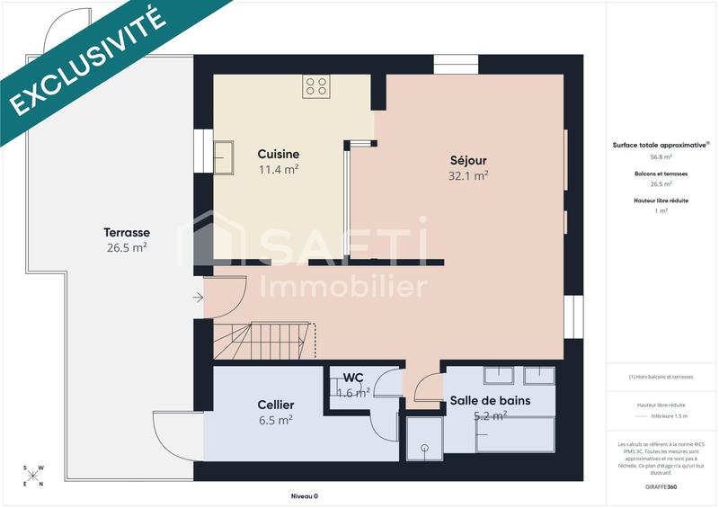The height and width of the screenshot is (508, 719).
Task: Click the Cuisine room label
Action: click(x=279, y=154)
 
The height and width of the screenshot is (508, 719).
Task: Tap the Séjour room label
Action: click(x=469, y=161)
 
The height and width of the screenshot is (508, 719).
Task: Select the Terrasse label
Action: click(x=126, y=232)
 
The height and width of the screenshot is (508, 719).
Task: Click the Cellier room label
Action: click(x=275, y=405)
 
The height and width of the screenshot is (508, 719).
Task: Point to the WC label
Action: click(x=353, y=377)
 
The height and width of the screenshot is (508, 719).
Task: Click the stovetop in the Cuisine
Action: click(x=316, y=85)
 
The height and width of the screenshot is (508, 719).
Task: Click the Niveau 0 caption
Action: click(x=304, y=495)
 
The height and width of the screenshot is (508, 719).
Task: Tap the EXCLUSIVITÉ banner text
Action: click(x=88, y=59)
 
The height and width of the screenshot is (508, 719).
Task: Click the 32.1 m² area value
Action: click(x=468, y=176)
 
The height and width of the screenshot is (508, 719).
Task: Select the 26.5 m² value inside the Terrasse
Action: click(x=126, y=247)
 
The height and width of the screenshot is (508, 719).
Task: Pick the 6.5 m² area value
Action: click(x=275, y=420)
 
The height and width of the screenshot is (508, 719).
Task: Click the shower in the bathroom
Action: click(x=424, y=439)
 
